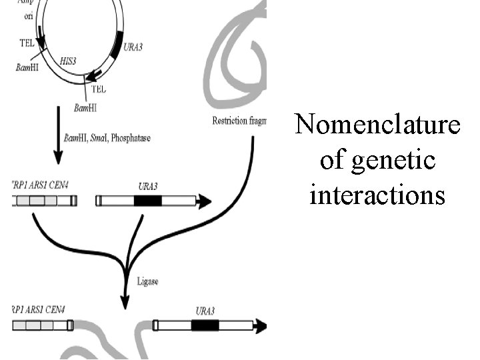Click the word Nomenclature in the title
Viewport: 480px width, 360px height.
pyautogui.click(x=377, y=125)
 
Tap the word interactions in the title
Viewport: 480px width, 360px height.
pyautogui.click(x=377, y=195)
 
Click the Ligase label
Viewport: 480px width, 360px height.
pyautogui.click(x=148, y=282)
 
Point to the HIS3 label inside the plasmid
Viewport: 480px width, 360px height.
pyautogui.click(x=68, y=60)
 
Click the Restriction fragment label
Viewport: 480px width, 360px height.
pyautogui.click(x=239, y=121)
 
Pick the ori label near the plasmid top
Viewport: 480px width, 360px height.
pyautogui.click(x=30, y=16)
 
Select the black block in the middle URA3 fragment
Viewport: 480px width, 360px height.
pyautogui.click(x=147, y=200)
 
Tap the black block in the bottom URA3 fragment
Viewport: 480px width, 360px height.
pyautogui.click(x=205, y=325)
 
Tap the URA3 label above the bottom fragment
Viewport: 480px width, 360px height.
pyautogui.click(x=205, y=311)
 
